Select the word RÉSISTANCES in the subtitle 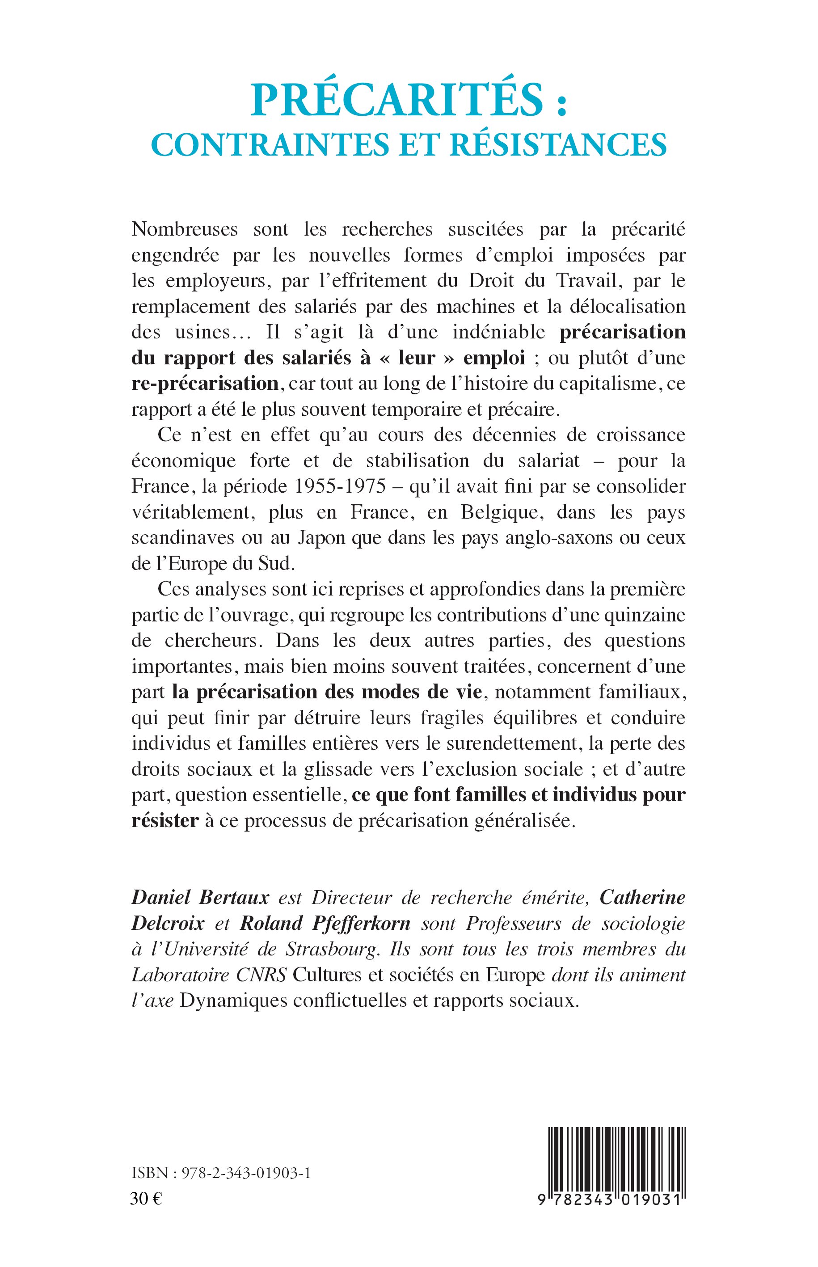tap(558, 144)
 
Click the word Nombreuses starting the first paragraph tap(184, 229)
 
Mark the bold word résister tap(164, 821)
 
